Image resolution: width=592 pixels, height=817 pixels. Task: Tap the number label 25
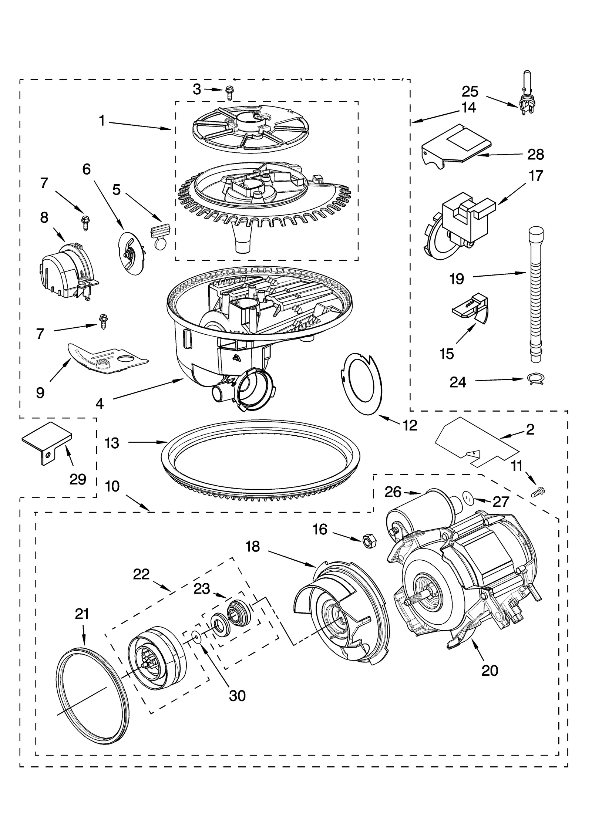[470, 91]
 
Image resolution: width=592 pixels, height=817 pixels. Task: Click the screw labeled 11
[538, 492]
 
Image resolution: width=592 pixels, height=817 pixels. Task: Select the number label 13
[112, 443]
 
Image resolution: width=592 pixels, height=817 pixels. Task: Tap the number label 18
[253, 546]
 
